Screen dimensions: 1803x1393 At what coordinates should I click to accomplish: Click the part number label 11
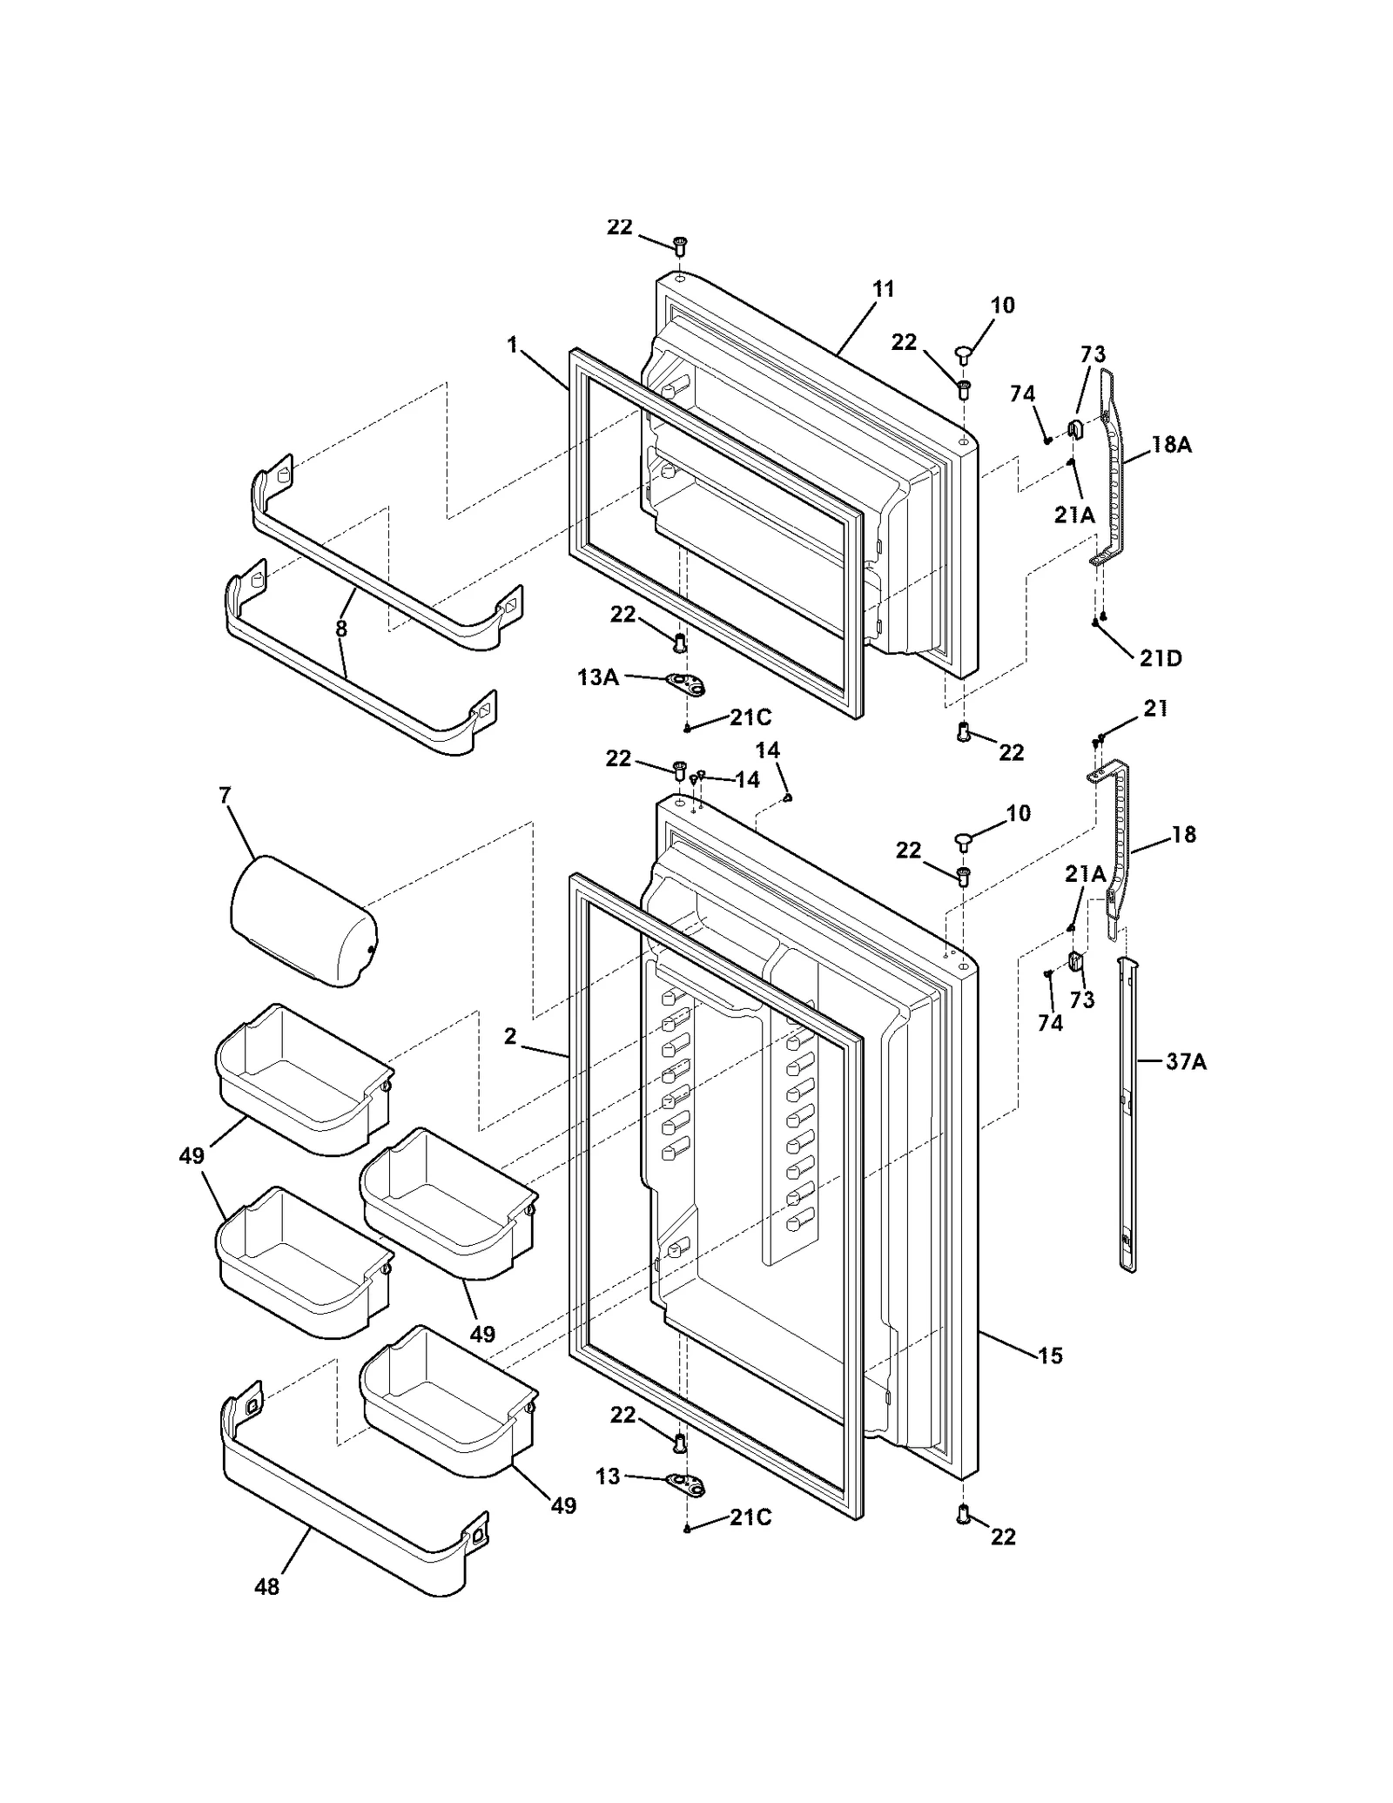point(883,289)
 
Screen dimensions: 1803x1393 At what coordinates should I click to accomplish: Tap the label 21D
point(1161,659)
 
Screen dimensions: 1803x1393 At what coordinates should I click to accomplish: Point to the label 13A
point(598,676)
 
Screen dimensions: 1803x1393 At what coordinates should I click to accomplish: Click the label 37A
point(1186,1062)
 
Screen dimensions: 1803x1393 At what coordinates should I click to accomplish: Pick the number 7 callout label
point(225,795)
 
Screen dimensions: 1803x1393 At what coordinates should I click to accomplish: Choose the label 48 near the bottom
point(266,1586)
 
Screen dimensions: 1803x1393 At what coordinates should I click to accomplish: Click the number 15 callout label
point(1050,1356)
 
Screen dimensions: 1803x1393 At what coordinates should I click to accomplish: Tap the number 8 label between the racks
point(341,628)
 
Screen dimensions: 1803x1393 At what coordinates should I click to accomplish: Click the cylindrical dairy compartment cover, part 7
point(302,921)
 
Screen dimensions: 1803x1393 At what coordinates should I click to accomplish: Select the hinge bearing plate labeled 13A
point(685,684)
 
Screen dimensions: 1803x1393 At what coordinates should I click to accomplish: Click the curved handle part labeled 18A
point(1109,470)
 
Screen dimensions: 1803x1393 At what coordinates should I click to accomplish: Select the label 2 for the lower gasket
point(509,1036)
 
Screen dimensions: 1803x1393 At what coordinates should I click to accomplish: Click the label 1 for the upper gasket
point(513,346)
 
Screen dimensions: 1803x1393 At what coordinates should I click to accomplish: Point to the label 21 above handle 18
point(1155,709)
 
